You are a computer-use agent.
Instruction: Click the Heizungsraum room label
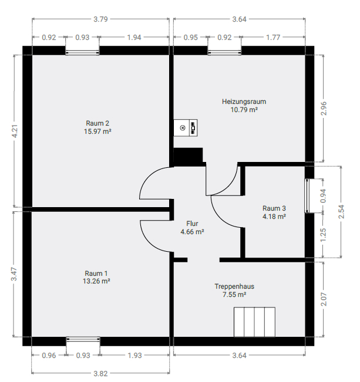point(244,102)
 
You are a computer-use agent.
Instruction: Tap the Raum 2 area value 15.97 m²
point(97,131)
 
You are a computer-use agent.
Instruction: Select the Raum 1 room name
point(96,273)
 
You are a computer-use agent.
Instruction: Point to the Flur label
point(192,224)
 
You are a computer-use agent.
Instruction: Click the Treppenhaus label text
point(234,286)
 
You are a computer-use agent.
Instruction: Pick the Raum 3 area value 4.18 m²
point(274,217)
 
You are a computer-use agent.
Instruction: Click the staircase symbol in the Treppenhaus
point(254,322)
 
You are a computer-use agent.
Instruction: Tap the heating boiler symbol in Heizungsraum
point(186,128)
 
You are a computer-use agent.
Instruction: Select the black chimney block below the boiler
point(188,157)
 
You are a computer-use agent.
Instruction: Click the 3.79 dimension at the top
point(100,19)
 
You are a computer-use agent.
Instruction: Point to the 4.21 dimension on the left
point(15,131)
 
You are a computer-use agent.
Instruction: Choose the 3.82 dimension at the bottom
point(100,373)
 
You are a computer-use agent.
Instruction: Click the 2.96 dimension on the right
point(324,109)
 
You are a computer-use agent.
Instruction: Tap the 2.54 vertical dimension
point(341,212)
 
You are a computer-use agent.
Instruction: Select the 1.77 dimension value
point(273,38)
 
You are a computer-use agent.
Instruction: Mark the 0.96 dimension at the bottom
point(49,356)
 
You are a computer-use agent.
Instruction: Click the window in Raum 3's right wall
point(307,196)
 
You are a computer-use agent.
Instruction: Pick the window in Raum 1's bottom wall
point(83,339)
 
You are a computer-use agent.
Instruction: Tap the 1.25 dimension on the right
point(324,235)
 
